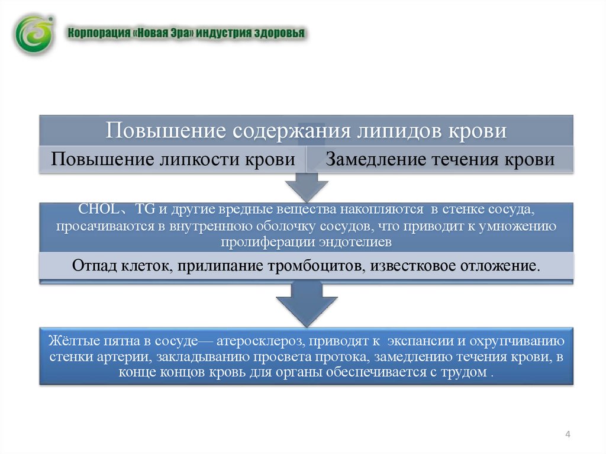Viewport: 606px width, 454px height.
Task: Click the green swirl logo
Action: coord(34,34)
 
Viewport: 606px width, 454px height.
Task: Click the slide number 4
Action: coord(568,434)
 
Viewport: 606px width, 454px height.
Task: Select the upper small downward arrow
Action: coord(307,187)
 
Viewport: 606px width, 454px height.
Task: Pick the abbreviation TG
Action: coord(145,209)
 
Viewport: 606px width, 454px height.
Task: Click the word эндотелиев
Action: coord(355,242)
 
